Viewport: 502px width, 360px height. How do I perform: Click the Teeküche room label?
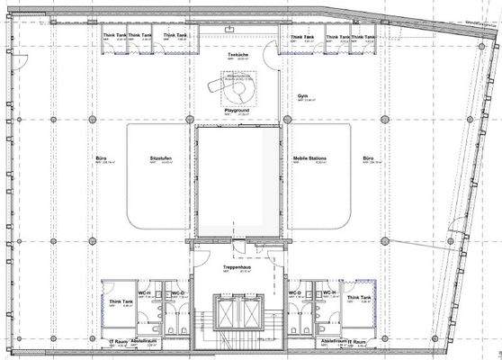(238, 55)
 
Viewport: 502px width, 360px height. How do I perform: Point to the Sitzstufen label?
(161, 157)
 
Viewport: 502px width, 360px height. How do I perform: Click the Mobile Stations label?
(309, 157)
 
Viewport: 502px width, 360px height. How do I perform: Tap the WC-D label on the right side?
(293, 293)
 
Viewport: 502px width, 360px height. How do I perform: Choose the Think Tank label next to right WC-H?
(357, 301)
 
